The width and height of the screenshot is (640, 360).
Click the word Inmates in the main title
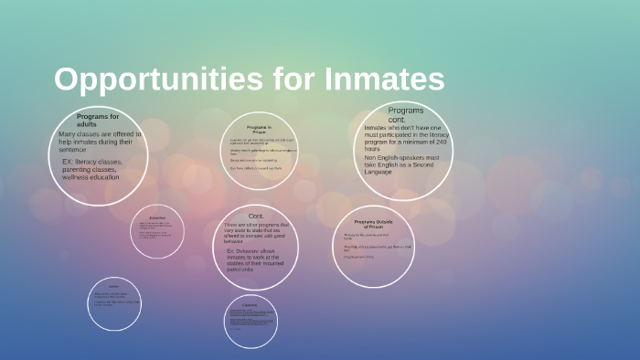(384, 80)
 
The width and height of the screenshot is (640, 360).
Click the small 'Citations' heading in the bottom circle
(251, 304)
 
